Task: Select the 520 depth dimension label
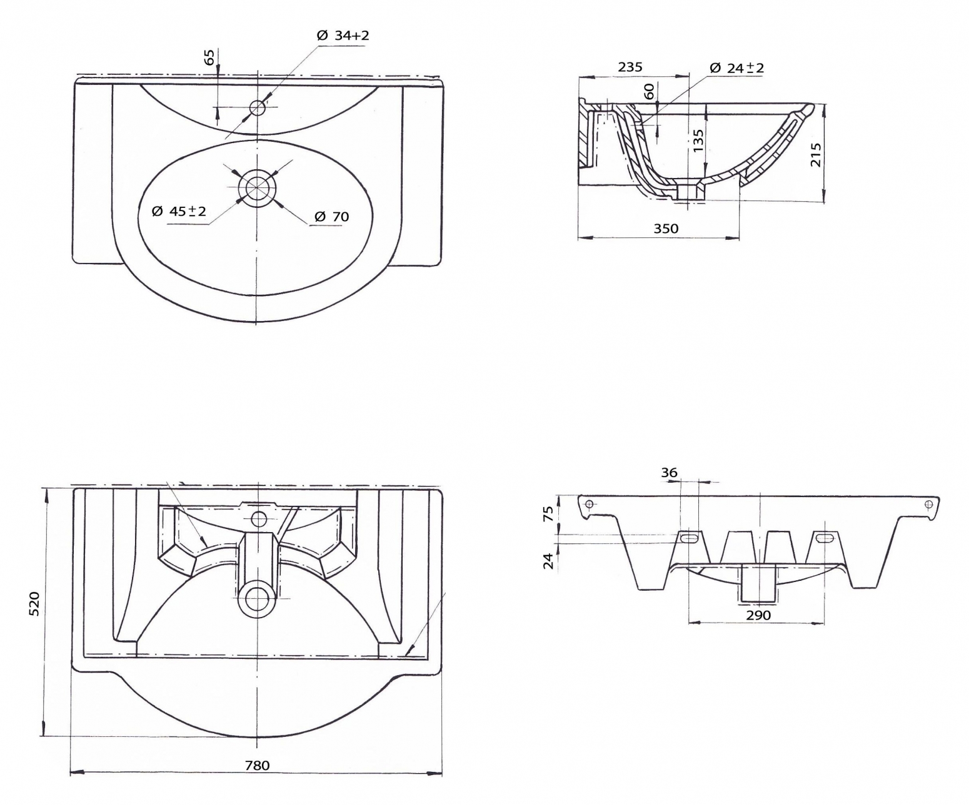[x=34, y=603]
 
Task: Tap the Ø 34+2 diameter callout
[x=343, y=35]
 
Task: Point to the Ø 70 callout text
[x=332, y=217]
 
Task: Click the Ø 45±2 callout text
[x=179, y=212]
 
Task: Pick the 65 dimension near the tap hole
[x=210, y=57]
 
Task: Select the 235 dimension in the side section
[x=630, y=67]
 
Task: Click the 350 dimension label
[x=666, y=228]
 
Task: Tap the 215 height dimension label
[x=815, y=154]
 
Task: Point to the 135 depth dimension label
[x=698, y=141]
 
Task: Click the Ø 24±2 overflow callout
[x=737, y=68]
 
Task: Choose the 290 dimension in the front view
[x=758, y=615]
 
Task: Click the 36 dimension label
[x=669, y=472]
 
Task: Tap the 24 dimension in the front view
[x=548, y=561]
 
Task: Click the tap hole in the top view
[x=257, y=107]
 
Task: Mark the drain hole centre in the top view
[x=257, y=186]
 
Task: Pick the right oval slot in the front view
[x=827, y=538]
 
